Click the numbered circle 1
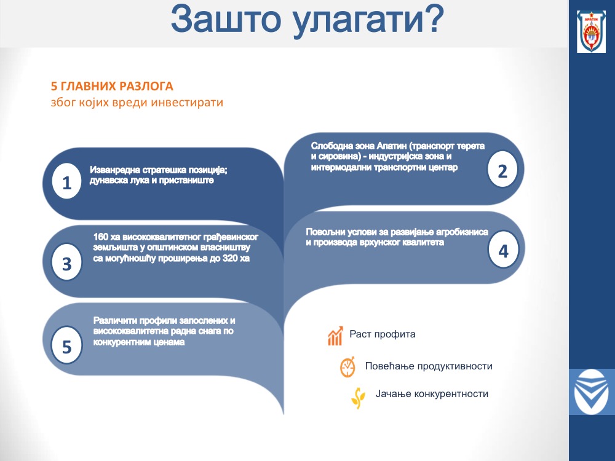pyautogui.click(x=66, y=181)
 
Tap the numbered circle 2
pyautogui.click(x=502, y=170)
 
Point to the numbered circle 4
pyautogui.click(x=503, y=250)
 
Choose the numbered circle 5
pyautogui.click(x=66, y=345)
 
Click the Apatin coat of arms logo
pyautogui.click(x=592, y=32)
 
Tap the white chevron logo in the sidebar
pyautogui.click(x=592, y=392)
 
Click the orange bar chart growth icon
pyautogui.click(x=335, y=336)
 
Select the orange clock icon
pyautogui.click(x=347, y=367)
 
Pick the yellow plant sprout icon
pyautogui.click(x=358, y=398)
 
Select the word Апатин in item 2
pyautogui.click(x=391, y=146)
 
